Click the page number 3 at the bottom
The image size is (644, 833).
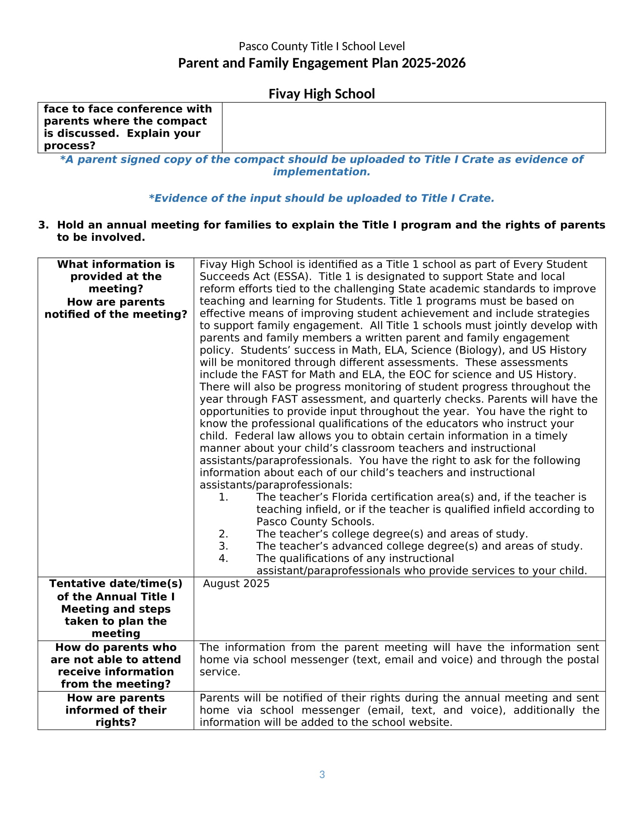[322, 774]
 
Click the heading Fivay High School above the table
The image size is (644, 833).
[322, 94]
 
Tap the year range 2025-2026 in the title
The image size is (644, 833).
[433, 63]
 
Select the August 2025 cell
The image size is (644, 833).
[236, 583]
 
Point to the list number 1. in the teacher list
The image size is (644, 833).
[223, 497]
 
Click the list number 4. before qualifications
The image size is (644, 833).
[223, 558]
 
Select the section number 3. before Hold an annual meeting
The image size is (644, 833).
[44, 225]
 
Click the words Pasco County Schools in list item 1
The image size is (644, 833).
[315, 522]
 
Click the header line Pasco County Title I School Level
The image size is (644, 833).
[322, 47]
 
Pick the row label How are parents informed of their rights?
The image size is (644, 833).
[116, 710]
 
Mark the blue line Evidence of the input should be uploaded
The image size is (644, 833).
[321, 198]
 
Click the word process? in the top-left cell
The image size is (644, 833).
[69, 146]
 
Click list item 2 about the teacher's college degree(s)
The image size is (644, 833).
[392, 534]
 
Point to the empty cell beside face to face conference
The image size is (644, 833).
[414, 127]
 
